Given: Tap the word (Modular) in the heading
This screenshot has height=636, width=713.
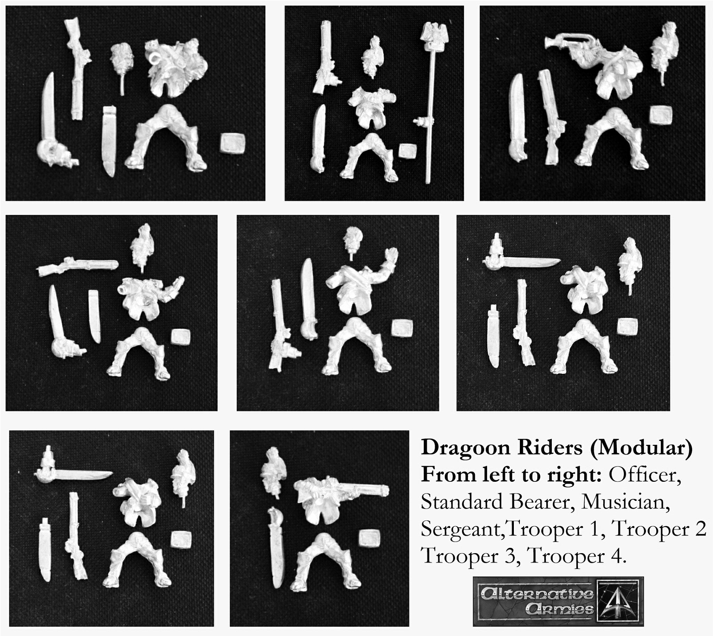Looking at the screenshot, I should click(641, 448).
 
